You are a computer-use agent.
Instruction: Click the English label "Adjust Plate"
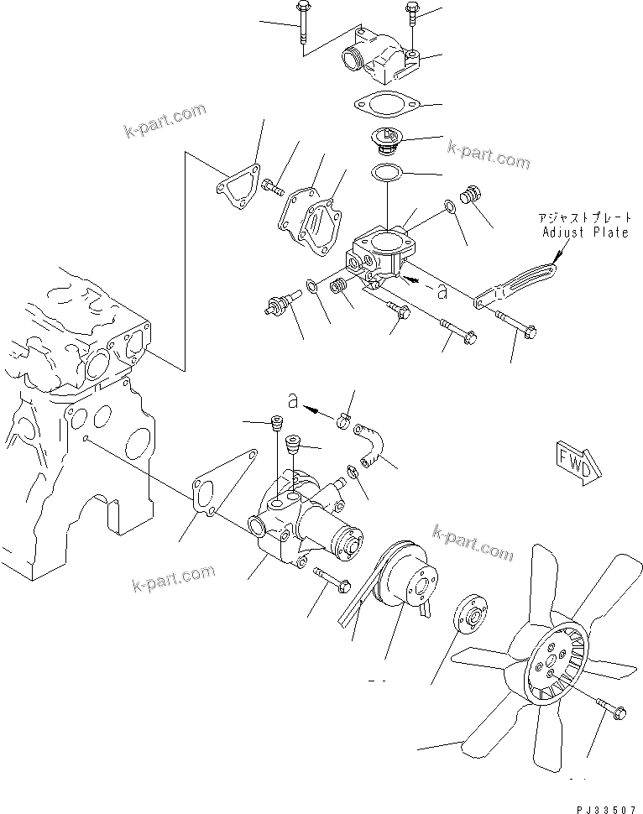[584, 232]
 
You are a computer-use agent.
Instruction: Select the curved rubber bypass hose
[369, 445]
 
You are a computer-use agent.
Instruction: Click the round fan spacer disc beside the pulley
[470, 617]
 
